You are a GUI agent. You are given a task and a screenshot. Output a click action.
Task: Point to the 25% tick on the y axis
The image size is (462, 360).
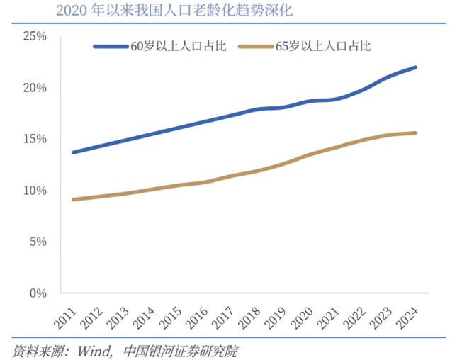pos(34,36)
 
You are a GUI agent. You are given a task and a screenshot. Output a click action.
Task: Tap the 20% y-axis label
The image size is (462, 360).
pos(34,88)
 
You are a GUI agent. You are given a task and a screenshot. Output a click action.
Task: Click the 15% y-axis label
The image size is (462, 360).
pos(34,139)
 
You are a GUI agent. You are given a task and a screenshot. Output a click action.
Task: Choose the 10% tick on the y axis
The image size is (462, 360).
pos(34,191)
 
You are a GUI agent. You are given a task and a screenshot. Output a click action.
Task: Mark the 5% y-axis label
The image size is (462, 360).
pos(37,242)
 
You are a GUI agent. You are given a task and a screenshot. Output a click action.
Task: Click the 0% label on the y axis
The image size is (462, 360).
pos(37,293)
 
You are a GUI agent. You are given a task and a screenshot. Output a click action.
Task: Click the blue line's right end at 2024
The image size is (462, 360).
pos(416,67)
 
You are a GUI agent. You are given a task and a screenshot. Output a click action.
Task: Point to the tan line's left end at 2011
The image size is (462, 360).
pos(73,200)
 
